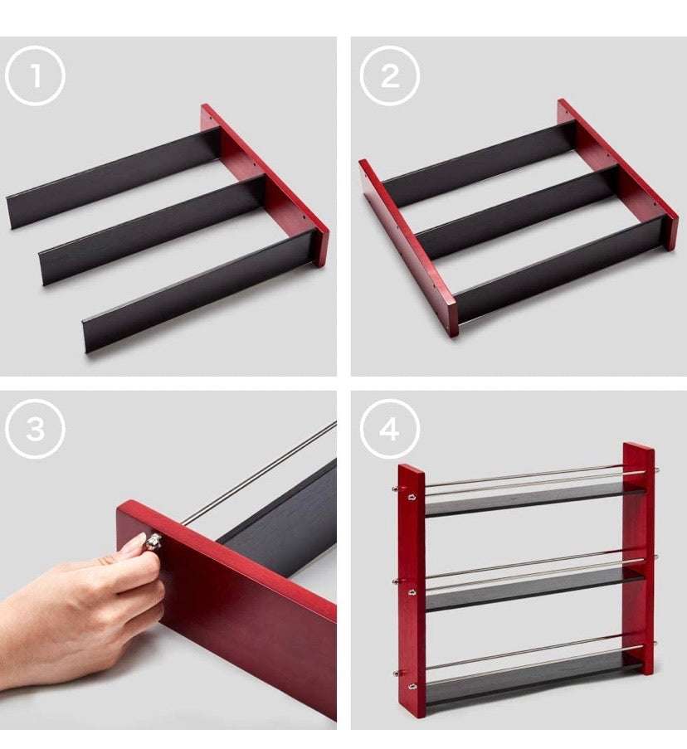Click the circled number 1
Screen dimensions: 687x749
pos(35,75)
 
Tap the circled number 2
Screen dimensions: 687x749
pos(389,75)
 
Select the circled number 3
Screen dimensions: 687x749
pos(35,429)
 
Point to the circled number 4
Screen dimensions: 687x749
pos(389,429)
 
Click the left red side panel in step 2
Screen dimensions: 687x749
pos(407,248)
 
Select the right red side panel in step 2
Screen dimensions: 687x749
pos(617,174)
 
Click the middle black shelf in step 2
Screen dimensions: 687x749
pos(519,212)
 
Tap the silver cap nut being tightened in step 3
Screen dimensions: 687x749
pos(154,541)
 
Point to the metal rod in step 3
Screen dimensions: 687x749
pos(261,472)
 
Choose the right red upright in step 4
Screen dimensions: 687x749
pos(639,559)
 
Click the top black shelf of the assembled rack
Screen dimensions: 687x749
pos(534,499)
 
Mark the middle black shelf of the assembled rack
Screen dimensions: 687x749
pos(534,590)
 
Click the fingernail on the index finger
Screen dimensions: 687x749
pos(138,542)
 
